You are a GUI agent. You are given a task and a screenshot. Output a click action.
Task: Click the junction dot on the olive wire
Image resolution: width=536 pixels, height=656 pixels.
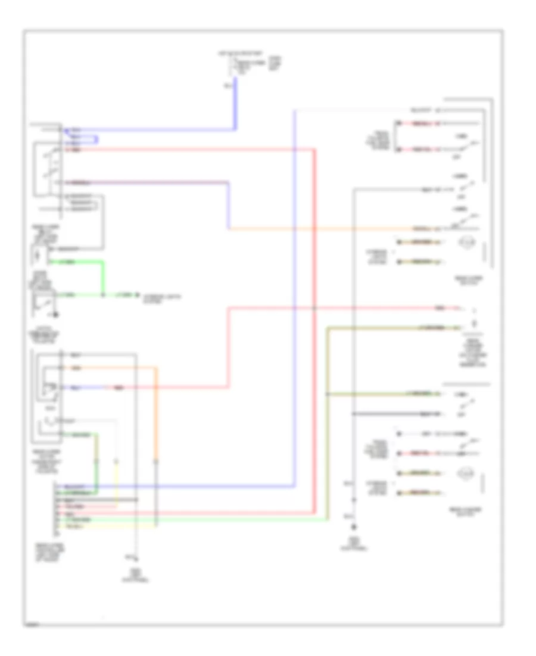click(x=327, y=395)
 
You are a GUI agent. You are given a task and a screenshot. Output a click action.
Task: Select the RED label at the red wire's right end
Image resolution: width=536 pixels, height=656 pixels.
click(x=439, y=308)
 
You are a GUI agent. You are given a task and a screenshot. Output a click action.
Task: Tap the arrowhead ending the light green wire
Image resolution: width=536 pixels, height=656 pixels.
click(x=136, y=295)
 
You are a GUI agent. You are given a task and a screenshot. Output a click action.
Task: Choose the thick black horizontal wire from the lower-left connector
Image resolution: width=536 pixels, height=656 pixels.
click(x=95, y=499)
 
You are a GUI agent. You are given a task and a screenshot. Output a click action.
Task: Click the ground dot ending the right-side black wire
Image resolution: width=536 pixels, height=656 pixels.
click(x=353, y=527)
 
